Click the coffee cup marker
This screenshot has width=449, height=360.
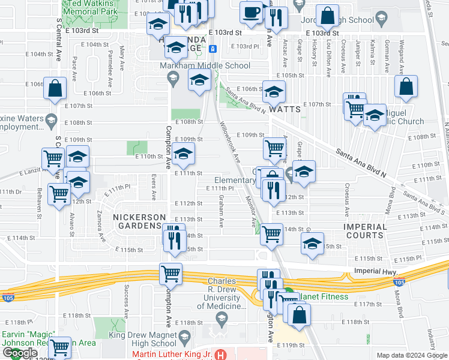[x=251, y=11]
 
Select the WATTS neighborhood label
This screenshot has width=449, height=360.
[x=284, y=110]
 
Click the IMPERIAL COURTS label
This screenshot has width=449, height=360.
[x=365, y=231]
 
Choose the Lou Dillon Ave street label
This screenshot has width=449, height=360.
[x=329, y=59]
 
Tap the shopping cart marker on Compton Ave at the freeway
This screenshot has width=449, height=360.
[x=171, y=274]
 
